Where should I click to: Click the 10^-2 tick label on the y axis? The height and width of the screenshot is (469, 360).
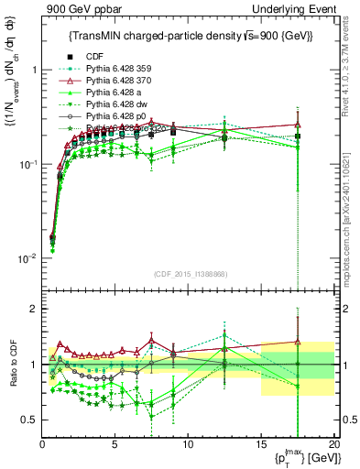27,259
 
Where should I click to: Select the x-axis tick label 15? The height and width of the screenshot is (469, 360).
261,444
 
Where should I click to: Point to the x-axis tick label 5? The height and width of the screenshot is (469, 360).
115,444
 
